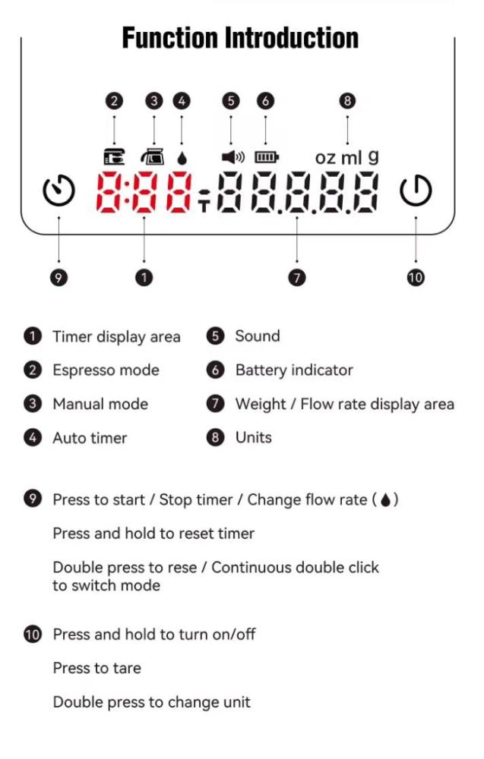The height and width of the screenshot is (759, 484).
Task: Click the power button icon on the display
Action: tap(416, 191)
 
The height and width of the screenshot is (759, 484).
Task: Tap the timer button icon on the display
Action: tap(59, 191)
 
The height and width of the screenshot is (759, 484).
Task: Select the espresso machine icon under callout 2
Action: tap(114, 157)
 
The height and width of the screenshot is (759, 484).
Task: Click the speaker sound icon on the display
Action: tap(233, 157)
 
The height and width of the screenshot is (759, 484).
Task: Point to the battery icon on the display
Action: tap(267, 157)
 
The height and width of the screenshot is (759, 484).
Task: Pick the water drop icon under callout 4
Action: tap(182, 159)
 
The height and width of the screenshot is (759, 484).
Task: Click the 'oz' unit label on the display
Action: tap(325, 158)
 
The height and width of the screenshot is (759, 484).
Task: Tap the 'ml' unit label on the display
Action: tap(351, 157)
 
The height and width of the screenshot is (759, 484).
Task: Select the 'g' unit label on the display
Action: tap(373, 158)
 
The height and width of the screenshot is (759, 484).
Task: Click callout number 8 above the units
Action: tap(347, 101)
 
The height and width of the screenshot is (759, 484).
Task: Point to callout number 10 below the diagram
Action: tap(415, 277)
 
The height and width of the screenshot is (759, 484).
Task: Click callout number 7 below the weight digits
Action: tap(297, 277)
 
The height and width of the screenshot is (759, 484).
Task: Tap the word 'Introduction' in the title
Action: tap(292, 38)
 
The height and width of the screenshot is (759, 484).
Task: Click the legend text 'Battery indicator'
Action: tap(294, 370)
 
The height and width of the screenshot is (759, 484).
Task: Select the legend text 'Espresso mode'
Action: tap(106, 370)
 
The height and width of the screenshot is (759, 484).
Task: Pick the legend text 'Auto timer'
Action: tap(90, 438)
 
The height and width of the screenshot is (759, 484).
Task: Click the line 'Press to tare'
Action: tap(97, 668)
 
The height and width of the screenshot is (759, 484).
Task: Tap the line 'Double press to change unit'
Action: tap(152, 702)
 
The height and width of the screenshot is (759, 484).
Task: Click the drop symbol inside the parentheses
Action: tap(386, 499)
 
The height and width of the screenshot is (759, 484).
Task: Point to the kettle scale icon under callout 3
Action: tap(153, 157)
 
